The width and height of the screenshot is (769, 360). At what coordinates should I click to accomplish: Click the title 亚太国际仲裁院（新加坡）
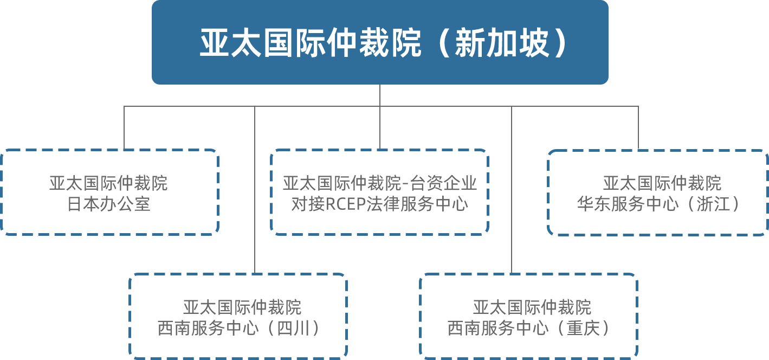pos(380,43)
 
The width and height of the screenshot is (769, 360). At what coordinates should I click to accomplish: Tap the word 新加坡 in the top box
pos(502,43)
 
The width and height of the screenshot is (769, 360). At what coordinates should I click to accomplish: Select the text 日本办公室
pos(108,204)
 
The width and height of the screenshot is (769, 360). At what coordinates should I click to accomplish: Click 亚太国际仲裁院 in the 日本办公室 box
pos(108,183)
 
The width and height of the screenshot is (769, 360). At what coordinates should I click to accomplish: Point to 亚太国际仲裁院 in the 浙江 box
pos(662,183)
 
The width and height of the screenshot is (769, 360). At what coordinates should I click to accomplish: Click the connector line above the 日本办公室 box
pos(124,127)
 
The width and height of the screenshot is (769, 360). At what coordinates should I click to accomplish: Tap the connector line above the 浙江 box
pos(638,127)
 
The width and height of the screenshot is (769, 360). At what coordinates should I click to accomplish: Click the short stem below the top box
pos(380,95)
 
